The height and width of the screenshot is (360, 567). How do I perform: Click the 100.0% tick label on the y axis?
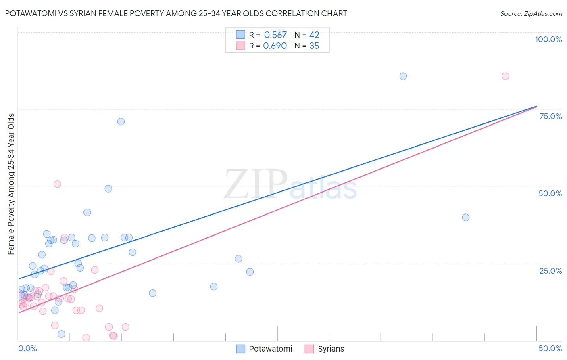tap(548, 39)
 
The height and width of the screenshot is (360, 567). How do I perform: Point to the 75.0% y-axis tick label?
tap(550, 116)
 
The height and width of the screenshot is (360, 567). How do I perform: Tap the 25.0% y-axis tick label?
tap(550, 271)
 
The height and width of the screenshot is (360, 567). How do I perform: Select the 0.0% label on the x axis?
tap(27, 348)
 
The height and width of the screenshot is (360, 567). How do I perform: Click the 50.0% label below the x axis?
tap(550, 348)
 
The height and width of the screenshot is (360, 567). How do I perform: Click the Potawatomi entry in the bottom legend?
tap(270, 349)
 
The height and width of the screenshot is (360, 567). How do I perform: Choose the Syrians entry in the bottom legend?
tap(331, 349)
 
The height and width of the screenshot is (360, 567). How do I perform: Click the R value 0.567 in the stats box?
tap(275, 35)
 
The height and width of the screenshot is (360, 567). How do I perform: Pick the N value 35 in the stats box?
tap(314, 46)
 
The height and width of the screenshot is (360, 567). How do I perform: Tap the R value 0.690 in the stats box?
tap(275, 46)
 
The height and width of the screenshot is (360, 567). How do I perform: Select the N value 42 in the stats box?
tap(314, 35)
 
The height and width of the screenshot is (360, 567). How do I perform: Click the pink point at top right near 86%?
tap(505, 76)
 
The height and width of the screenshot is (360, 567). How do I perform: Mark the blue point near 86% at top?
tap(403, 76)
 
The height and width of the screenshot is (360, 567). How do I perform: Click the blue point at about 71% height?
tap(121, 121)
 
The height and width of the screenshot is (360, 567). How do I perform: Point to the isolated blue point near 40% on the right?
tap(465, 217)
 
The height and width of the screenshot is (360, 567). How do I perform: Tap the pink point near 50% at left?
tap(57, 184)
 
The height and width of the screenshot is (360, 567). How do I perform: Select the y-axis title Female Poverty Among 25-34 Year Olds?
tap(11, 184)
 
